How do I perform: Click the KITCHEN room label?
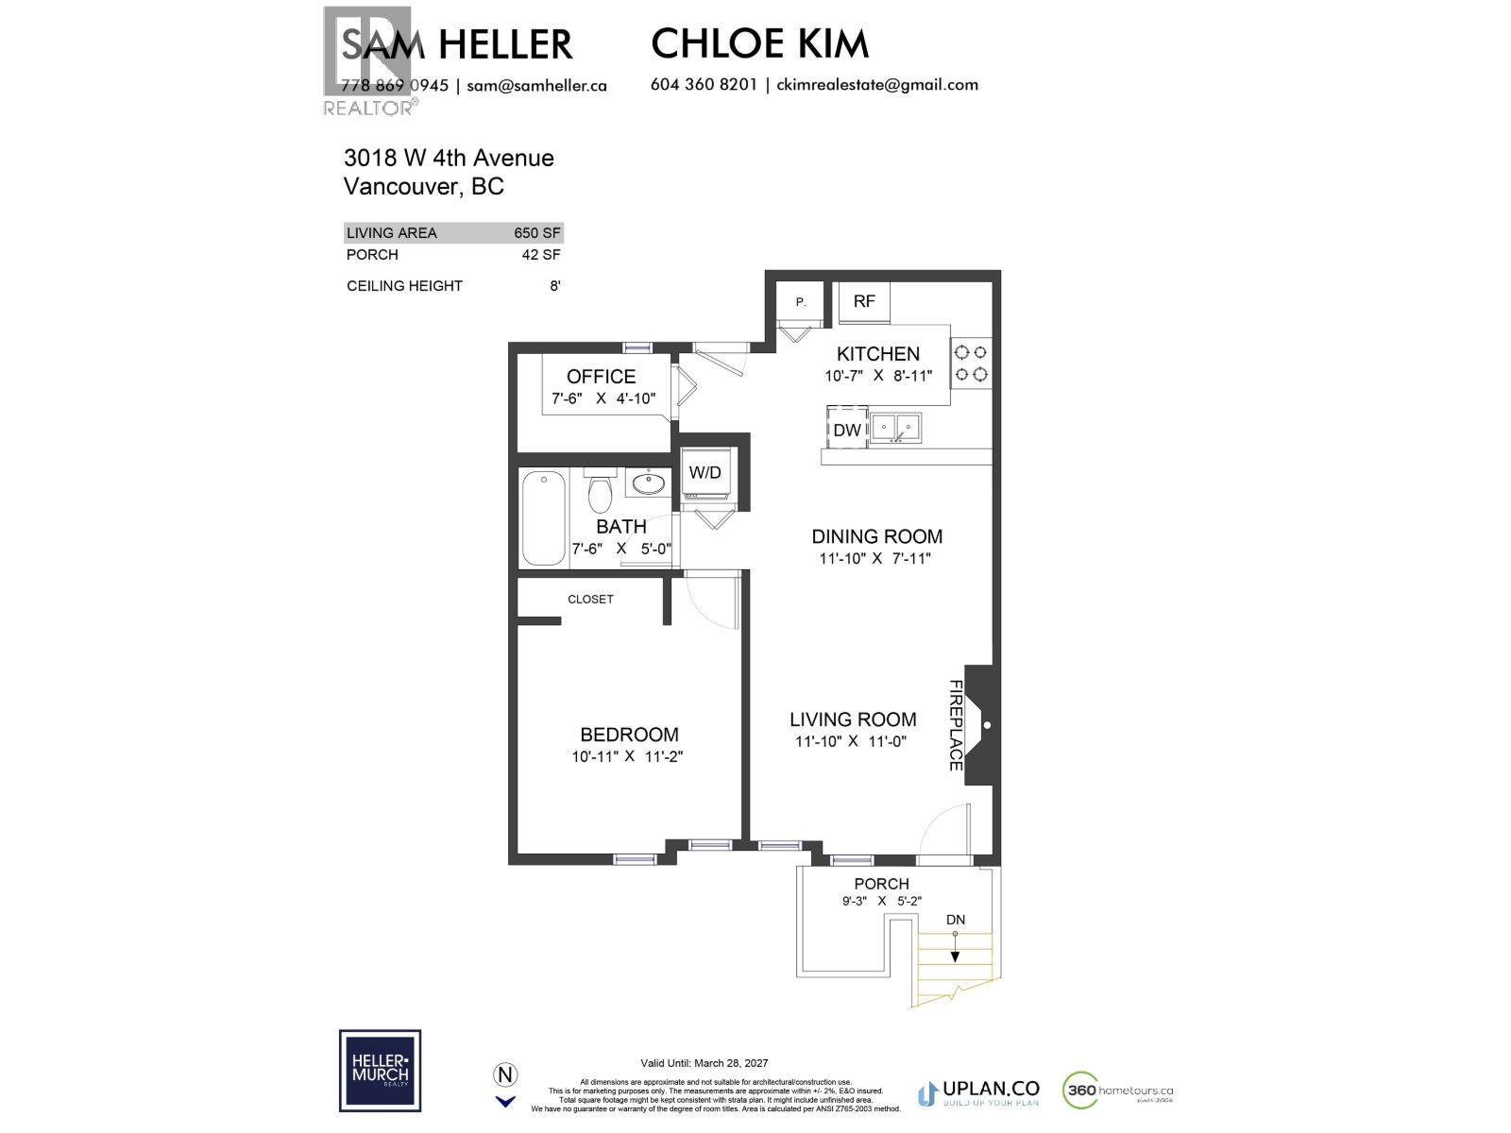click(877, 354)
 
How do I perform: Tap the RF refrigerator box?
click(863, 301)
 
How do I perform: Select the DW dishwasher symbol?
click(847, 430)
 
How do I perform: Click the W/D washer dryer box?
click(705, 472)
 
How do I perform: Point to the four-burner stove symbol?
click(971, 364)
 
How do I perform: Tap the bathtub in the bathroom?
click(544, 518)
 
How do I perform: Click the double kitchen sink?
click(895, 428)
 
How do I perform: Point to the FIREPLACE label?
click(955, 725)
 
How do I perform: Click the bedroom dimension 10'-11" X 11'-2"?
click(627, 756)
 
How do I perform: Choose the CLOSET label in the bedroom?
click(590, 600)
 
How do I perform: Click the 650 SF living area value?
click(536, 232)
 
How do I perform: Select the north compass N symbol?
click(506, 1074)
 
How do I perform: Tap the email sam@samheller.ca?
click(536, 85)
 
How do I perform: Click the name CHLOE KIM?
click(759, 43)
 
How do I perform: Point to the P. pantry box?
click(801, 302)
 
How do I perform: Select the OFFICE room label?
click(601, 376)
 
